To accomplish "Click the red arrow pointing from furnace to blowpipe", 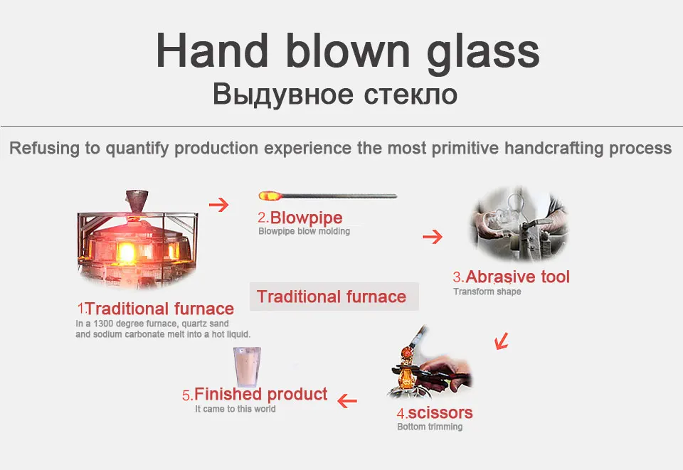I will (219, 205).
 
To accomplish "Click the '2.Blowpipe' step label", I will (300, 218).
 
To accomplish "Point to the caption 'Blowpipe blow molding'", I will (304, 231).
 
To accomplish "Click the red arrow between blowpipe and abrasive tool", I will (433, 237).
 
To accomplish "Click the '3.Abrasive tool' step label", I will (512, 277).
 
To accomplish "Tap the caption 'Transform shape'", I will (487, 292).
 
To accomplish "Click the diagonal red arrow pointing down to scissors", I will (502, 341).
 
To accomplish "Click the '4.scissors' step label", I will (434, 412).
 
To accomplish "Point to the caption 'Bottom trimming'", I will (430, 427).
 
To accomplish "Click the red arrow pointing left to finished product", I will (346, 401).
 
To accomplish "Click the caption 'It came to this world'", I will (235, 409).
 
